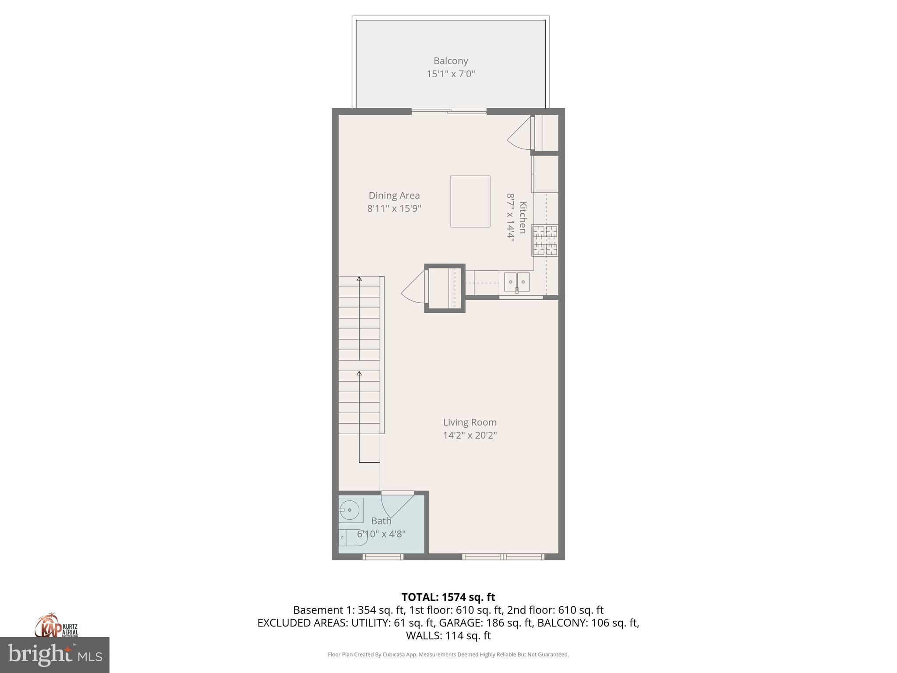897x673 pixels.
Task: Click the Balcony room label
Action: (x=451, y=61)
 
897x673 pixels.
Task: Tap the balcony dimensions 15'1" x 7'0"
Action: (x=451, y=74)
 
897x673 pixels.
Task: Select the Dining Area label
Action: (x=394, y=195)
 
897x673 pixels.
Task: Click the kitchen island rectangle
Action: (x=470, y=202)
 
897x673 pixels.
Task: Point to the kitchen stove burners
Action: (x=545, y=240)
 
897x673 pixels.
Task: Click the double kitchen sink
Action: (x=517, y=282)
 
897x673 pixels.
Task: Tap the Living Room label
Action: (x=470, y=422)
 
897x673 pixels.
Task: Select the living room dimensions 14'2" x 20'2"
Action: (x=470, y=435)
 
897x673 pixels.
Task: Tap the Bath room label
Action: (x=381, y=521)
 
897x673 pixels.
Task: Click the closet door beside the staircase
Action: (x=414, y=286)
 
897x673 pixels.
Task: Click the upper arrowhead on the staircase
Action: (x=359, y=279)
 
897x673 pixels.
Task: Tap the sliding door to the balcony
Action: (x=449, y=112)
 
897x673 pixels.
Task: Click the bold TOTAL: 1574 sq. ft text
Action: (x=448, y=597)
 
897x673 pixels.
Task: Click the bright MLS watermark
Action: (x=55, y=655)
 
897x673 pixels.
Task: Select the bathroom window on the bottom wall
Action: (x=382, y=556)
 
